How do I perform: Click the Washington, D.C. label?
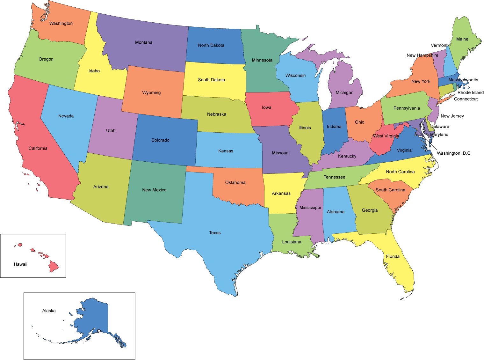[454, 153]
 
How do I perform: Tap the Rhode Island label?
[470, 92]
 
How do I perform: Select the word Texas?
[215, 233]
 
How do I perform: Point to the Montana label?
[144, 42]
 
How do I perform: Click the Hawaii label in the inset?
[20, 264]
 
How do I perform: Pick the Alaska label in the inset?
[49, 311]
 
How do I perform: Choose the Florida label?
[393, 256]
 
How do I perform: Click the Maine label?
[462, 39]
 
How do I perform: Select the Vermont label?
[439, 45]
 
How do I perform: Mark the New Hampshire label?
[422, 55]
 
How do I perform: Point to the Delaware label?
[440, 127]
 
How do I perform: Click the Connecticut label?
[466, 99]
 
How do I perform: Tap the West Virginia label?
[386, 136]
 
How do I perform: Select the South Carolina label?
[390, 190]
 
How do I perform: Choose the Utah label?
[111, 130]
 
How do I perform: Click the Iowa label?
[267, 107]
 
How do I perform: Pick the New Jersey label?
[452, 116]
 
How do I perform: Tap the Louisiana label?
[292, 242]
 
